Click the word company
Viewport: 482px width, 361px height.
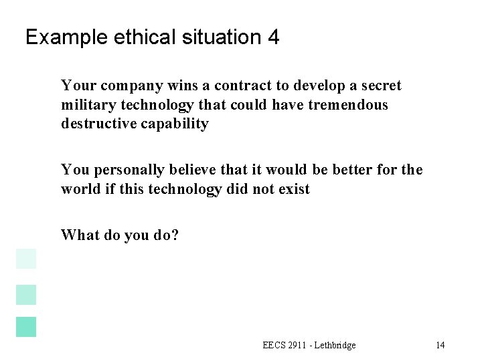(x=119, y=86)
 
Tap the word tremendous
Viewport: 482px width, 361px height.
(x=352, y=106)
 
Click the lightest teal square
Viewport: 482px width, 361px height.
(x=25, y=259)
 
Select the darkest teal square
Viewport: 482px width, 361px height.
(x=25, y=326)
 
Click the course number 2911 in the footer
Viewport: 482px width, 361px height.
(x=289, y=345)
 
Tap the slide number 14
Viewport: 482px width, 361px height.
(x=440, y=345)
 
